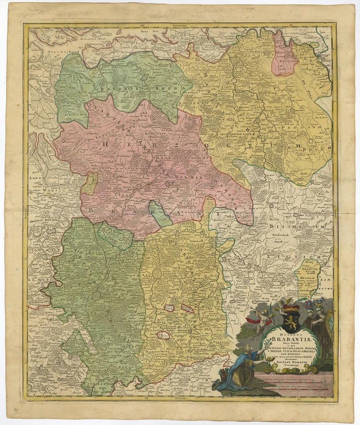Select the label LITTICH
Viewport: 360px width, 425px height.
coord(305,257)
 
